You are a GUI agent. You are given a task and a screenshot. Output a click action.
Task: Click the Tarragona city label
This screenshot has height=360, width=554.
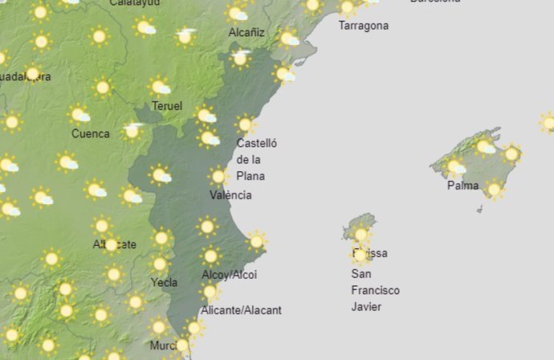click(363, 26)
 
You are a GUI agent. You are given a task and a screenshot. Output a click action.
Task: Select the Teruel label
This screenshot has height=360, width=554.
click(166, 106)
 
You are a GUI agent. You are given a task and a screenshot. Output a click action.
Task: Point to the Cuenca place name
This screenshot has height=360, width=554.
click(90, 133)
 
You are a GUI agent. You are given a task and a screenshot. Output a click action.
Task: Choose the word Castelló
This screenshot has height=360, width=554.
click(256, 144)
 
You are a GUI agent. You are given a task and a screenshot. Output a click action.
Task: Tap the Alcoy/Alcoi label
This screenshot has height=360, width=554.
click(229, 275)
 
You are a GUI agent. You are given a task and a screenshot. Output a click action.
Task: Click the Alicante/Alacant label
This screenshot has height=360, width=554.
click(241, 310)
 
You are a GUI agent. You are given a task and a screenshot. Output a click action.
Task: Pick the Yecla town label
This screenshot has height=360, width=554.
click(164, 282)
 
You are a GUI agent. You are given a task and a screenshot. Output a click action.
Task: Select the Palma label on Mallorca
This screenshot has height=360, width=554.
click(463, 186)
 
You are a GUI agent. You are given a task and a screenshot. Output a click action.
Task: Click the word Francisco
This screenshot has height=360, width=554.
click(375, 290)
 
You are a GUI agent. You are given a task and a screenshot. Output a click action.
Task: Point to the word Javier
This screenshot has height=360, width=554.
click(366, 306)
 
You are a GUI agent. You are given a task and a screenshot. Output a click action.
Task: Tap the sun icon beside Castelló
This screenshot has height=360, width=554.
click(245, 125)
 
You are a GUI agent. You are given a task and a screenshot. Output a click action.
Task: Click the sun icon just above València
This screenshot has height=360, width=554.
click(218, 176)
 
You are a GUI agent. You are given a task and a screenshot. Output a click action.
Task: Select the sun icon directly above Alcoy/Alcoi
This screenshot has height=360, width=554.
click(210, 256)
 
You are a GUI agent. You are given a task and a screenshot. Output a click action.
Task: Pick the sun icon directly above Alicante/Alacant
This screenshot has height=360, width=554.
click(210, 292)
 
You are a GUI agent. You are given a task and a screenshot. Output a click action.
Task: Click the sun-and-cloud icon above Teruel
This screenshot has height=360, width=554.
click(160, 86)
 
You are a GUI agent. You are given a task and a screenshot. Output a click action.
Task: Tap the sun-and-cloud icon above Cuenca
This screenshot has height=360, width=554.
click(79, 115)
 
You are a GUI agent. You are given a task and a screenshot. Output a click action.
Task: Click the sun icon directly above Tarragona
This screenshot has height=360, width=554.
click(347, 8)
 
